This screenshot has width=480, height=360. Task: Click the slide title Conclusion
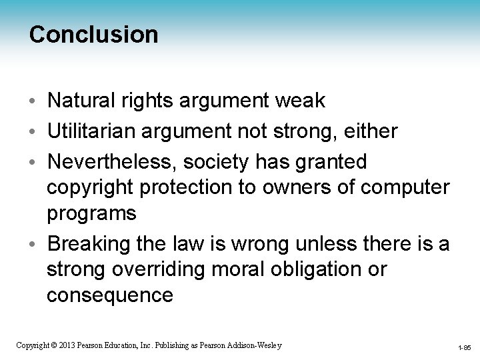(94, 35)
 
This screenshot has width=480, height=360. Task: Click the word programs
(91, 213)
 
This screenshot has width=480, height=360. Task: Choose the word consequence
(109, 295)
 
